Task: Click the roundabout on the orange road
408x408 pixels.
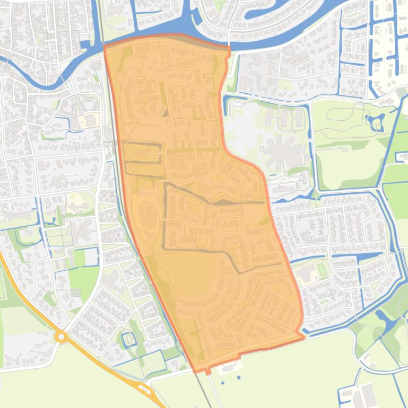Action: pos(62,336)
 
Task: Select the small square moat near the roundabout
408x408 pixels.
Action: pos(128,337)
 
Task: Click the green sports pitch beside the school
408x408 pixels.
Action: pos(322,269)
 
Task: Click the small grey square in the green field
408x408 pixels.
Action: pos(75,292)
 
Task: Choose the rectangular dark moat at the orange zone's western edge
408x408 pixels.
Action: pos(142,152)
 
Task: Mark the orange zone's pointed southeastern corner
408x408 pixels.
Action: pos(304,336)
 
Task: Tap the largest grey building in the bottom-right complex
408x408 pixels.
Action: pos(368,394)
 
